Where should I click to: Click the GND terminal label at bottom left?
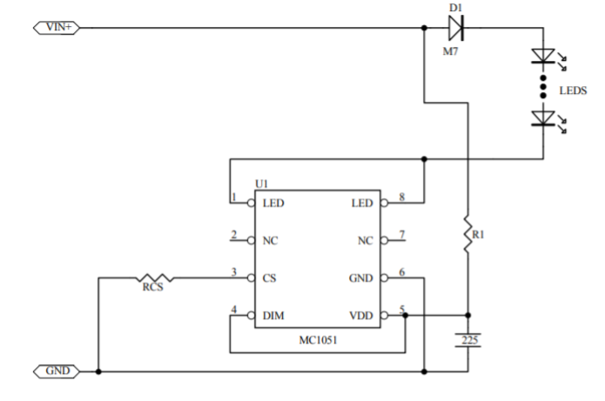pos(57,371)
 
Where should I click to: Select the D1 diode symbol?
pos(455,28)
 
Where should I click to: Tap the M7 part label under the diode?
pos(450,51)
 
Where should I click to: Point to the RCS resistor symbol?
pos(155,277)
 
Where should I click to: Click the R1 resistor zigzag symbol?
pos(467,235)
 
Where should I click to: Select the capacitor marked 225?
pos(468,340)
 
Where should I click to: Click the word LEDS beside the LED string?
pos(573,90)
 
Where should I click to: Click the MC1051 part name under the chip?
pos(318,340)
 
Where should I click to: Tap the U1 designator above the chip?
pos(262,184)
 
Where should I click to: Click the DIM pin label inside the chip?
pos(273,316)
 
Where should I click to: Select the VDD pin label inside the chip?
pos(361,316)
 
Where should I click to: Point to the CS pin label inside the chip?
pos(269,278)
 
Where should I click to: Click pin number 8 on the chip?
pos(401,197)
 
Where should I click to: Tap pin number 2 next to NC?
pos(234,235)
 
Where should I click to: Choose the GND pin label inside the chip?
pos(360,278)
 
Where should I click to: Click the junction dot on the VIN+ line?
pos(424,28)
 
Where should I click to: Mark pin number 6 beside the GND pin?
pos(401,272)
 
